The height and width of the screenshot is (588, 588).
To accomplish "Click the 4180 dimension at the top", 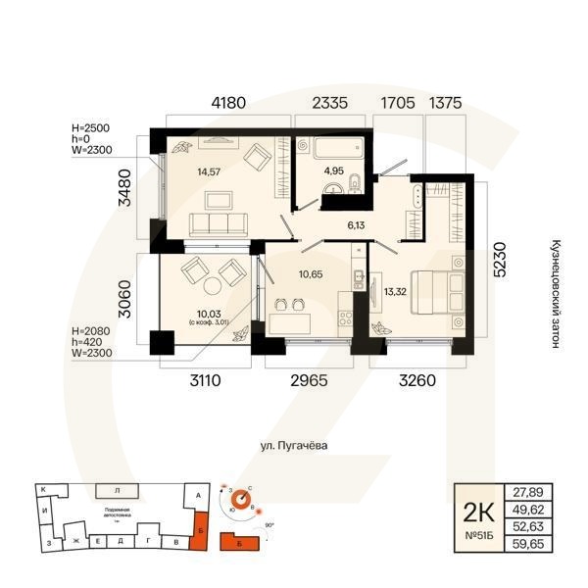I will (227, 102).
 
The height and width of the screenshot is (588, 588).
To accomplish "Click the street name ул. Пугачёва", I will (293, 446).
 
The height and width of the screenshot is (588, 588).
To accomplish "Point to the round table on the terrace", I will (213, 286).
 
